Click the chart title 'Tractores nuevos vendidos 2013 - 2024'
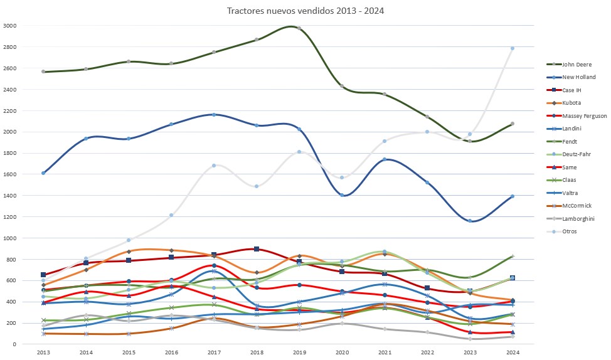(305, 10)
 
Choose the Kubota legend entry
(573, 103)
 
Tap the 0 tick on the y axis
(14, 344)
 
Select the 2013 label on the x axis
(43, 353)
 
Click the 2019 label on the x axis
(299, 353)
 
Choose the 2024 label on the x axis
(512, 353)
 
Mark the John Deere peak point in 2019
(299, 28)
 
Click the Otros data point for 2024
(512, 48)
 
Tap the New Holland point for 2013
(43, 173)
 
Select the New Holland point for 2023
(469, 221)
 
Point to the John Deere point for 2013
(43, 71)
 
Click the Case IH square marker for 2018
(257, 249)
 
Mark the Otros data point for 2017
(214, 166)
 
